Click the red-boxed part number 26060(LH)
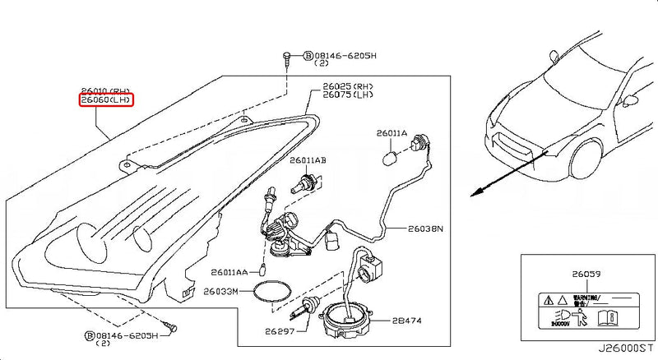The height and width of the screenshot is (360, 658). (106, 101)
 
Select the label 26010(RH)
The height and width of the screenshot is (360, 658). (105, 90)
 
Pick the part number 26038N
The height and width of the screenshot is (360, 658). (424, 228)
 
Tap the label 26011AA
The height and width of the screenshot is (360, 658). (231, 271)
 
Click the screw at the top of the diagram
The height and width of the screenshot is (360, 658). (285, 58)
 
